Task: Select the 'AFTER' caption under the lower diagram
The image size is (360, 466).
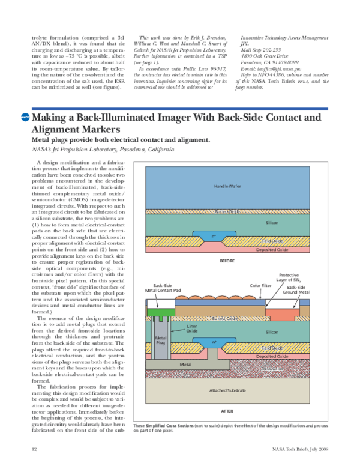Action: click(227, 411)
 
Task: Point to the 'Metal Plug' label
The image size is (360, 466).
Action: click(160, 340)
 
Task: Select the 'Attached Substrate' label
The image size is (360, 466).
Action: click(227, 390)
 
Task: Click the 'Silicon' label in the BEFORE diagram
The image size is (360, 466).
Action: click(272, 222)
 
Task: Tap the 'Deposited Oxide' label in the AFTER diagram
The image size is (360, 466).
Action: click(273, 356)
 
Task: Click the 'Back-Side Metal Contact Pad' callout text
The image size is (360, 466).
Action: click(164, 288)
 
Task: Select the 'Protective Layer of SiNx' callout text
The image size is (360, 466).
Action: click(293, 277)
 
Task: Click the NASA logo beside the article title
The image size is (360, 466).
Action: click(25, 118)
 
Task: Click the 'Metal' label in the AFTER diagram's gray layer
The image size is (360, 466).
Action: click(185, 364)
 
